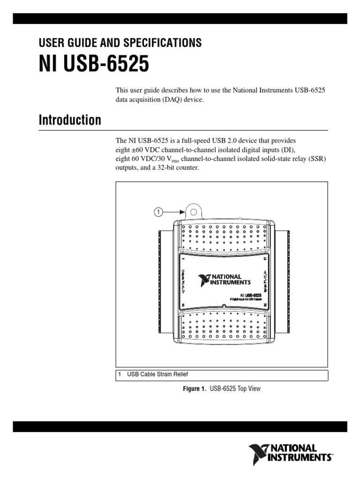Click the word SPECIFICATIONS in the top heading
(x=162, y=43)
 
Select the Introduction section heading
(x=69, y=120)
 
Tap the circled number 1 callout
(x=158, y=212)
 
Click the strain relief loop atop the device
(x=193, y=211)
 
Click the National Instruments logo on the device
(x=224, y=280)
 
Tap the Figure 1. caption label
(x=193, y=389)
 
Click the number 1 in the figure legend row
(x=120, y=374)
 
